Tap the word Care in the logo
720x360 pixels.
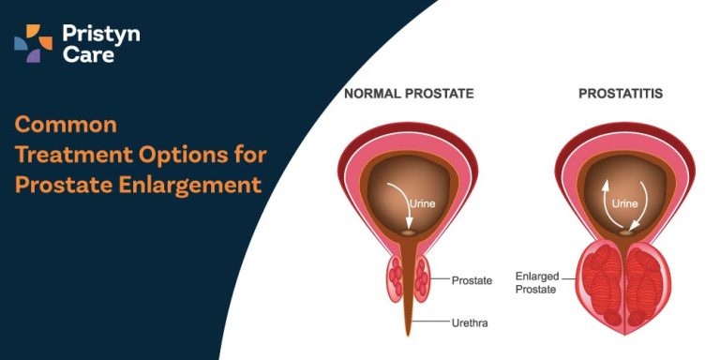point(82,55)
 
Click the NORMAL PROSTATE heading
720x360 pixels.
point(409,94)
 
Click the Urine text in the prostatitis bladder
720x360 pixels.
point(626,202)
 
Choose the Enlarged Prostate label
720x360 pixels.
point(536,282)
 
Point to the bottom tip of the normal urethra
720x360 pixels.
point(409,334)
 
